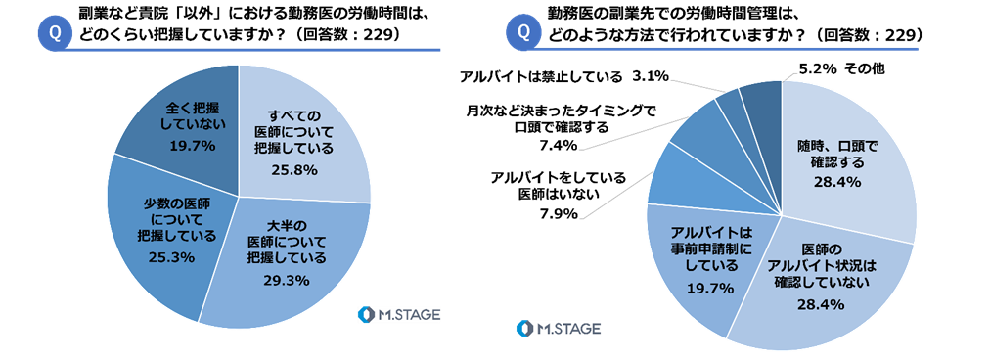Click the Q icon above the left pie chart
pos(55,33)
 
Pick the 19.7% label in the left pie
pos(193,146)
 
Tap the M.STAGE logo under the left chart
pos(398,314)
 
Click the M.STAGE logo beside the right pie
pos(559,329)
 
